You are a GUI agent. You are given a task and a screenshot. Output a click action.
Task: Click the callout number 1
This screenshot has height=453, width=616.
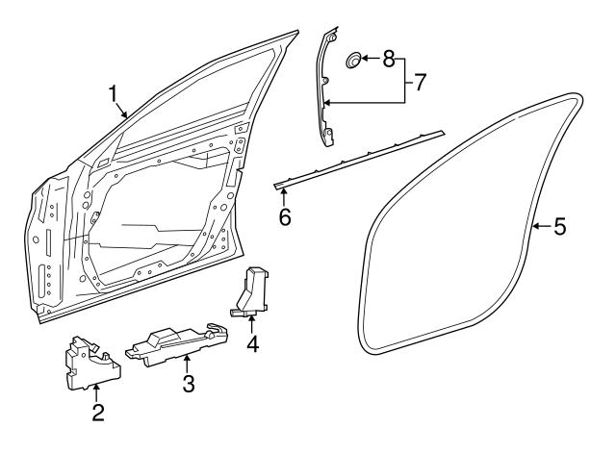(114, 93)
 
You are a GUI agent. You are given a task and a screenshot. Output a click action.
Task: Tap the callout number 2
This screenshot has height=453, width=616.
(98, 414)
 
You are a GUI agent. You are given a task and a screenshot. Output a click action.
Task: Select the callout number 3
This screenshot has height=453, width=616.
(189, 384)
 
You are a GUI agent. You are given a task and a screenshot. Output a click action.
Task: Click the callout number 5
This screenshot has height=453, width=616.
(559, 227)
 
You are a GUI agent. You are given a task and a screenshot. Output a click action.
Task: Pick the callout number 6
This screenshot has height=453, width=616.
(285, 216)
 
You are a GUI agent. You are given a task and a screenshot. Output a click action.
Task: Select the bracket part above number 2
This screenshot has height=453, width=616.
(91, 363)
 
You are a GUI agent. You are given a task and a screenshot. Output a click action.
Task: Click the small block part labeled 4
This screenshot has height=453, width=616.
(252, 290)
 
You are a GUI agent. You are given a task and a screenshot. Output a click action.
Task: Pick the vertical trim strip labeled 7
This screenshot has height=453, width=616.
(326, 87)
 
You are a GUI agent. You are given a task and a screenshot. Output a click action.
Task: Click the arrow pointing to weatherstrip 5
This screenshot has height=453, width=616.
(540, 227)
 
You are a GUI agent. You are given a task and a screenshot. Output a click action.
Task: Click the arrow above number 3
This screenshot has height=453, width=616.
(188, 363)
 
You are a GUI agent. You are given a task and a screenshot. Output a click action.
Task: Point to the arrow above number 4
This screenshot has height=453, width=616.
(252, 322)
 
